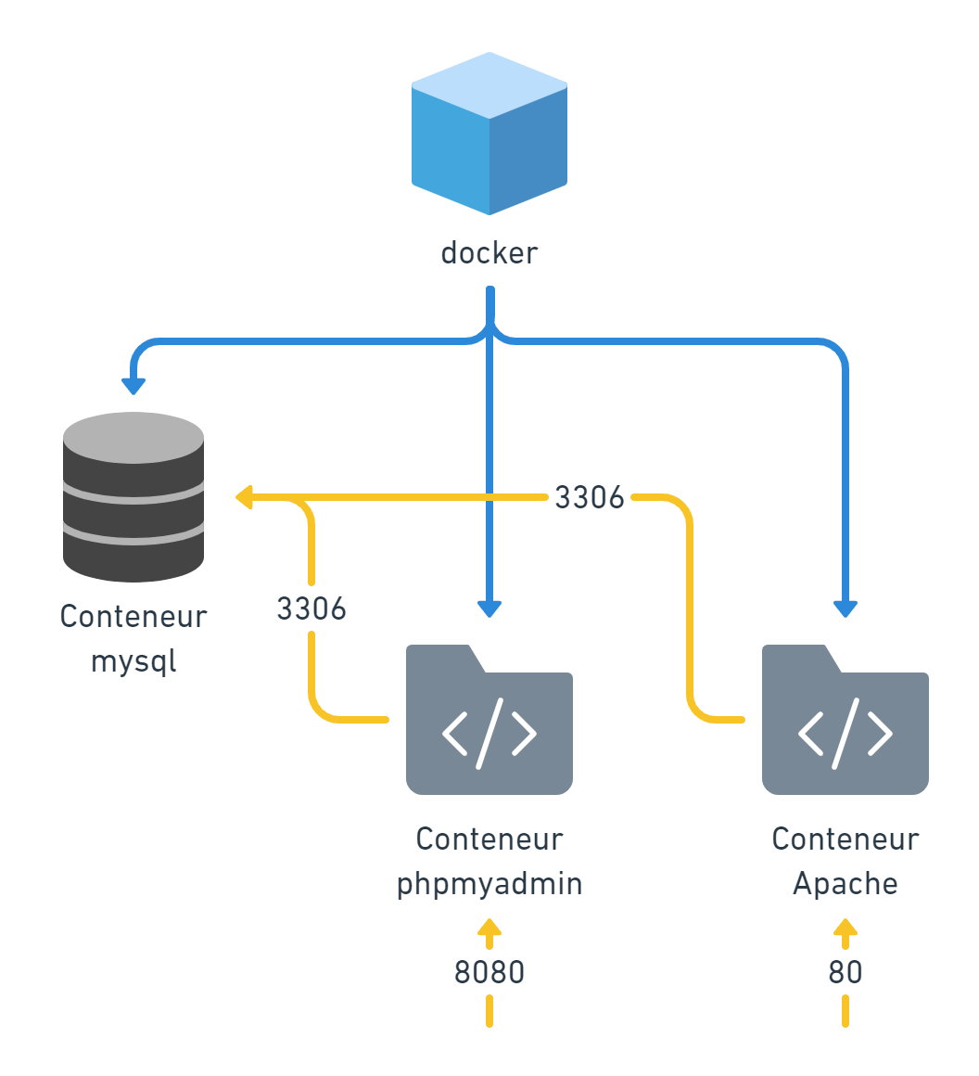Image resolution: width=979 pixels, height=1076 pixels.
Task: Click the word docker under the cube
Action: coord(489,252)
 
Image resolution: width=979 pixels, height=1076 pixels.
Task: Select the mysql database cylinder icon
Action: coord(133,497)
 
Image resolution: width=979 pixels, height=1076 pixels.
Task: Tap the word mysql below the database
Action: coord(133,661)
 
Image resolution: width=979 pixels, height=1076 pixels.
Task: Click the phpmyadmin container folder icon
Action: coord(489,722)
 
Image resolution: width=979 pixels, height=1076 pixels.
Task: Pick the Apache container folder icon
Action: coord(845,722)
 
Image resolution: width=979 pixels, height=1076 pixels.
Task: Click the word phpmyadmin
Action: coord(489,884)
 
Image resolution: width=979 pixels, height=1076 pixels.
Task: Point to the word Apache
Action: coord(845,884)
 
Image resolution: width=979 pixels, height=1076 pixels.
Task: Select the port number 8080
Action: coord(489,972)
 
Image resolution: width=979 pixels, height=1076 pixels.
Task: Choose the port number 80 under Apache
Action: coord(845,972)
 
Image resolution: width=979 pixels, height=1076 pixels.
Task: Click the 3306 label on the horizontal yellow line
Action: coord(590,498)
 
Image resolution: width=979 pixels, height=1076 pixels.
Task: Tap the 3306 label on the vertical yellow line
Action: coord(311,609)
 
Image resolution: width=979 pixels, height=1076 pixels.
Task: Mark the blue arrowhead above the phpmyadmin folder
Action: coord(489,608)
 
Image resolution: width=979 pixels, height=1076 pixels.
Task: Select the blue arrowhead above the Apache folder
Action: coord(845,608)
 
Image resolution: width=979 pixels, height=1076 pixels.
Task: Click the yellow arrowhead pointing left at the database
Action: coord(245,498)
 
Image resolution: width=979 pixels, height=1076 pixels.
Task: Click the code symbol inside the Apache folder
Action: coord(845,734)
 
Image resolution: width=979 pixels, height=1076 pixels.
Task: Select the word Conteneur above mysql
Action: coord(133,617)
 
